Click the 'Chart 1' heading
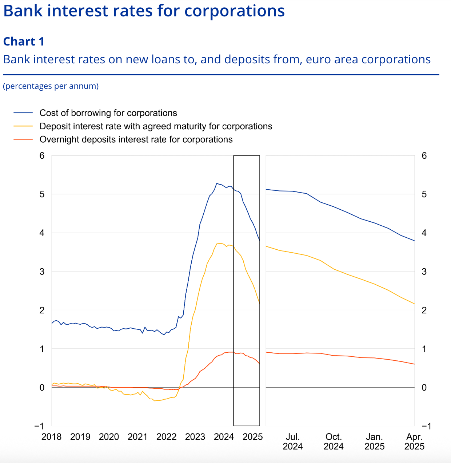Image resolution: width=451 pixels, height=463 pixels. (24, 41)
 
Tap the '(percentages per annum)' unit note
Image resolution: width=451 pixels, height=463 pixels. (51, 86)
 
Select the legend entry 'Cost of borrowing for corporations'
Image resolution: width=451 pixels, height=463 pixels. (108, 113)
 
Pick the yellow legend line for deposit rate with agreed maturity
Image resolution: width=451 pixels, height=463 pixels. (23, 126)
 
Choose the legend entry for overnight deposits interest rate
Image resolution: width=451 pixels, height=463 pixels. (136, 140)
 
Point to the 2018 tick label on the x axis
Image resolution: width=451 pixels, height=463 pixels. (51, 437)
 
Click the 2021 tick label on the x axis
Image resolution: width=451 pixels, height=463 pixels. (137, 437)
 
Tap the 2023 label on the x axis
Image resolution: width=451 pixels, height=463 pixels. (195, 437)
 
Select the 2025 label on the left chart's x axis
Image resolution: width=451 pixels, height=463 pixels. (252, 437)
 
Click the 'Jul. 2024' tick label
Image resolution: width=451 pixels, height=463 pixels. (292, 442)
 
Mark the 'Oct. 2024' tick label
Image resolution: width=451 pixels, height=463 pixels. (334, 442)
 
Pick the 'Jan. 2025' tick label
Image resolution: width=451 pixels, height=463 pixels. (374, 442)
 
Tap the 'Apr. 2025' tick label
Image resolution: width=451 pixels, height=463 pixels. (414, 442)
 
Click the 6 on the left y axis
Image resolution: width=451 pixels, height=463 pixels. (42, 156)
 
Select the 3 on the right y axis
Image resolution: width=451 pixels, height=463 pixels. (424, 272)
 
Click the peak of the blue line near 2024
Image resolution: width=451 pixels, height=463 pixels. (216, 183)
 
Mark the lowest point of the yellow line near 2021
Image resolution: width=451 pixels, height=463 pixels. (155, 401)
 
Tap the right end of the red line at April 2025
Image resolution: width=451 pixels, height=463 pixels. (414, 364)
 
